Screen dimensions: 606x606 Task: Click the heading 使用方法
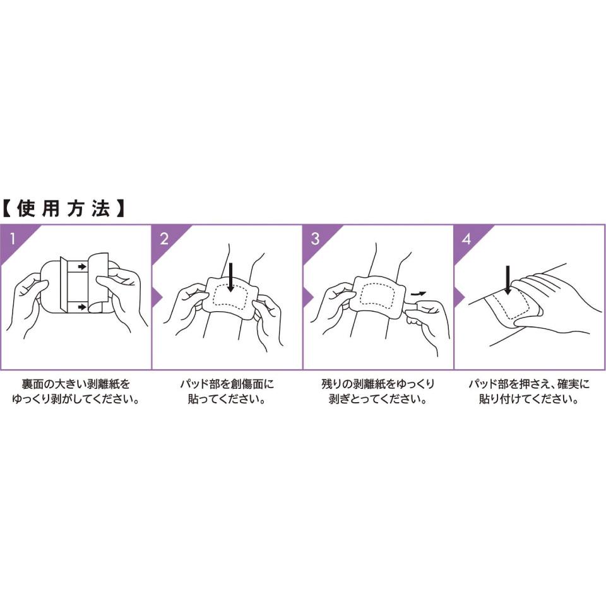pos(64,209)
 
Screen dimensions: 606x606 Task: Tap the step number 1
pos(13,239)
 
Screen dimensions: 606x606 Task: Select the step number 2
pos(164,239)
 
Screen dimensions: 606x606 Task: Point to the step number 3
pos(316,239)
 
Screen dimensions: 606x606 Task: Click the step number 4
pos(466,239)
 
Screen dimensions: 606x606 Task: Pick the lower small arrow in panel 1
pos(81,307)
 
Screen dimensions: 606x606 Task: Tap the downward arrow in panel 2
pos(231,277)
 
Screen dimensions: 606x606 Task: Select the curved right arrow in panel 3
pos(418,294)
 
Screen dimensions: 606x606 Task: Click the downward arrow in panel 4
pos(508,280)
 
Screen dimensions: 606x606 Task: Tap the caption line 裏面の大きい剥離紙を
pos(76,384)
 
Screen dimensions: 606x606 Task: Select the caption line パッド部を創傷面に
pos(227,384)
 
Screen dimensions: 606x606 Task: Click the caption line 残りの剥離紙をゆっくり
pos(378,384)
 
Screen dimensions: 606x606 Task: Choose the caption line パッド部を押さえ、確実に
pos(530,384)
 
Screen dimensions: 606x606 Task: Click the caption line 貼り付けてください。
pos(529,399)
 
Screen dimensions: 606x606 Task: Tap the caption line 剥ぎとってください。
pos(378,399)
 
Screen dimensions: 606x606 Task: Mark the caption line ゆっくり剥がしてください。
pos(76,399)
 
